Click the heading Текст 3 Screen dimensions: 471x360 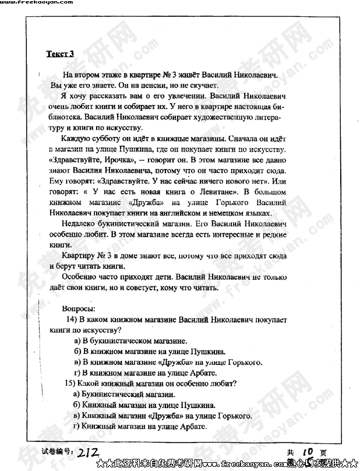60,54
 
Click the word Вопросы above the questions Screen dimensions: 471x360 78,308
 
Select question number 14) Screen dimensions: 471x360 72,319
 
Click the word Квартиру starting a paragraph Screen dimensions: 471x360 80,255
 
